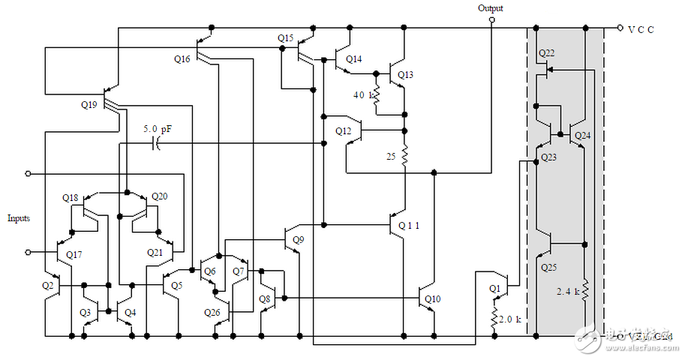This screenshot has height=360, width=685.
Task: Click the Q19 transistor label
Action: point(89,105)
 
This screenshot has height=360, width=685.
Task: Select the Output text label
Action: point(491,8)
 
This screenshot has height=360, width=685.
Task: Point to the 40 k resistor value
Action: point(362,95)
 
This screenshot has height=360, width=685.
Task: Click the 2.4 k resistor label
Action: point(568,291)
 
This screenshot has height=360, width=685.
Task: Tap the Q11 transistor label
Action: point(410,225)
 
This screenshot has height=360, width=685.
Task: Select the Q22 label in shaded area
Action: point(547,53)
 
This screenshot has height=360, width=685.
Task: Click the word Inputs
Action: point(20,218)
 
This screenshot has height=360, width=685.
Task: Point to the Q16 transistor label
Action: point(183,58)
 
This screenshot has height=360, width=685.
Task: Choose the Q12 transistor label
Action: point(344,131)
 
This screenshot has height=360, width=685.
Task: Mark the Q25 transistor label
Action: point(549,266)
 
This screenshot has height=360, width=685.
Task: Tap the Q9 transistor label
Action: point(299,240)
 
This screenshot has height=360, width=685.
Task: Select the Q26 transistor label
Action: point(213,311)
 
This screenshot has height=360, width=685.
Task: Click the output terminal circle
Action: point(491,21)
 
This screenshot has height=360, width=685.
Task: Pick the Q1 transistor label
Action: point(494,288)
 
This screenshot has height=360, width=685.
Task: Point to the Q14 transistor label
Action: point(354,58)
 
